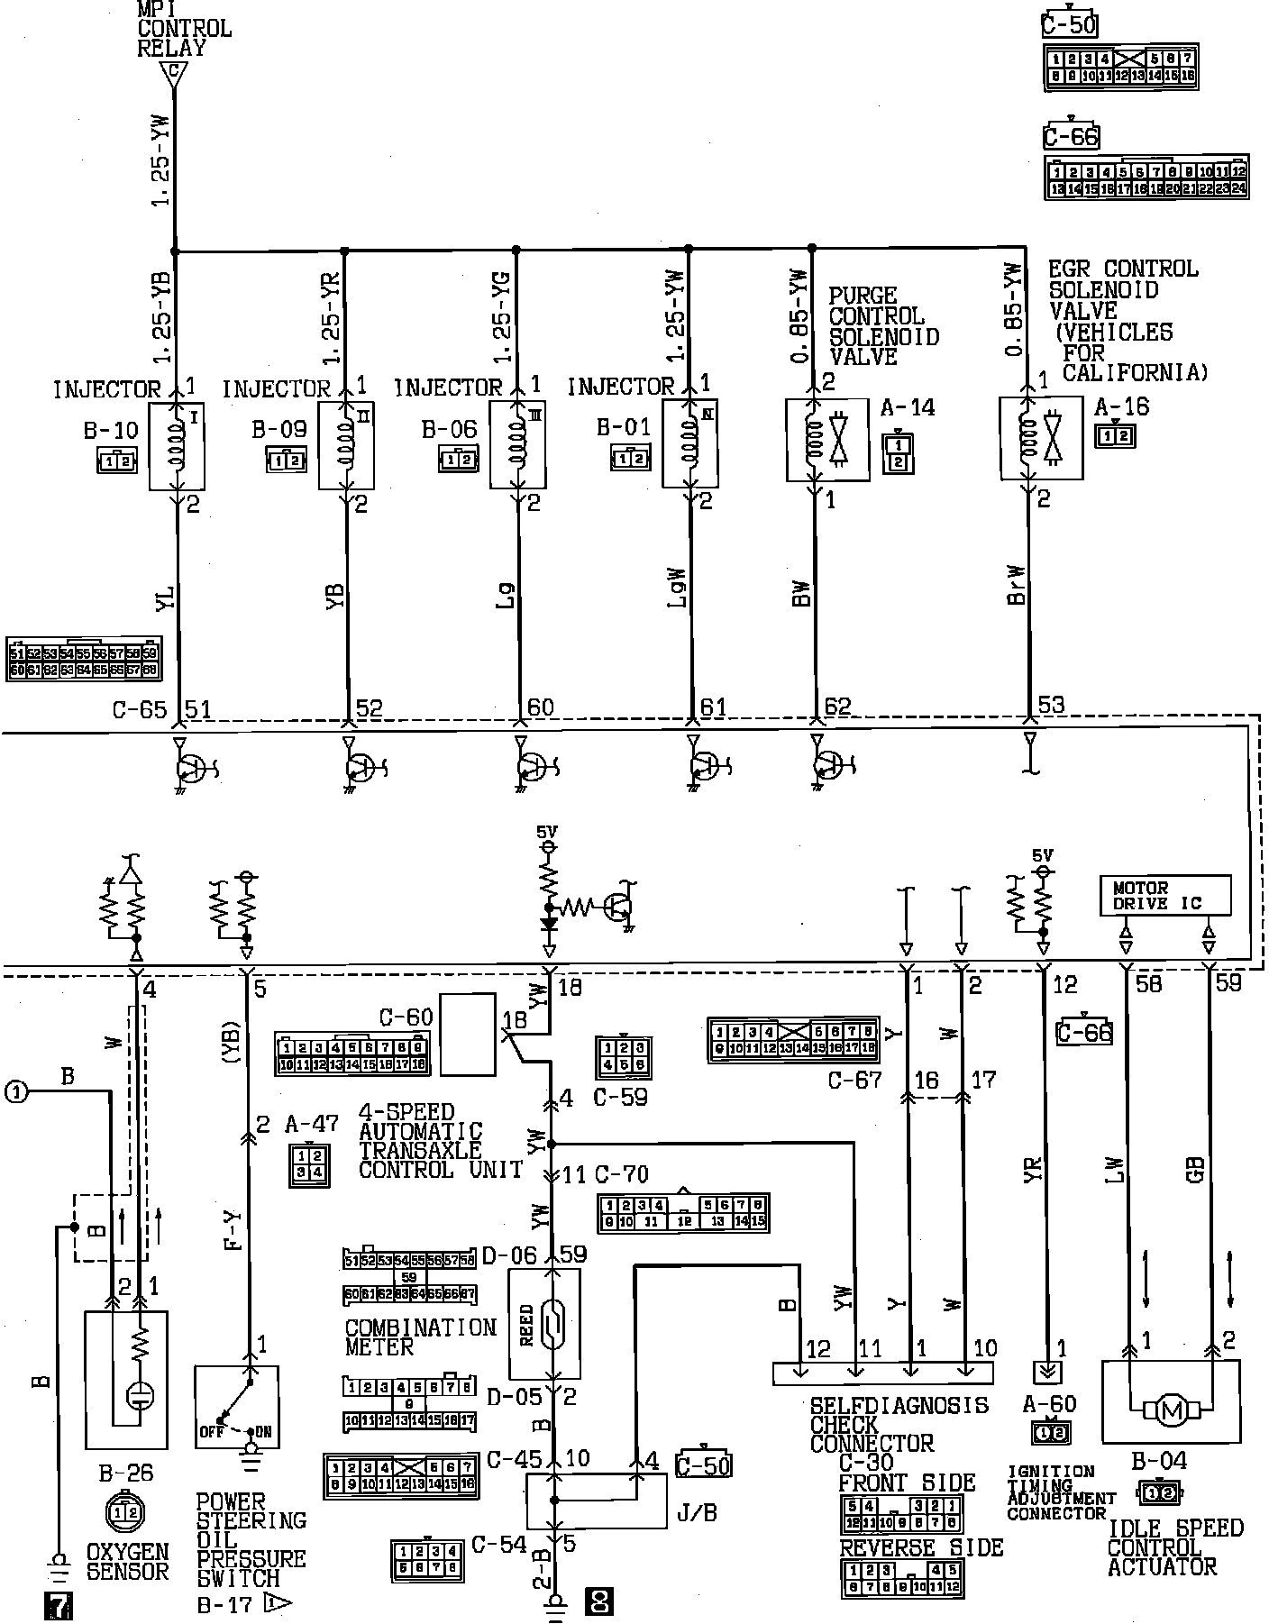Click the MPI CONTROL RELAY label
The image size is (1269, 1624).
click(184, 29)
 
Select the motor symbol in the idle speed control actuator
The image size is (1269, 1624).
click(1172, 1410)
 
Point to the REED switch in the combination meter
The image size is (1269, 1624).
click(544, 1323)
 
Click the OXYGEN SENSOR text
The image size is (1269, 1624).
click(127, 1561)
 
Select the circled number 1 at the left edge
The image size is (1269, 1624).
click(15, 1091)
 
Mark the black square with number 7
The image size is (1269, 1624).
click(57, 1605)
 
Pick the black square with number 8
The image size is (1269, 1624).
click(599, 1601)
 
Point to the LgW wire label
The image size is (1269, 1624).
click(679, 588)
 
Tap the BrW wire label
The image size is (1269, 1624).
click(1017, 584)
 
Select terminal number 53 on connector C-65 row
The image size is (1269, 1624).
click(1052, 704)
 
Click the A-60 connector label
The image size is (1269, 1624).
click(1049, 1403)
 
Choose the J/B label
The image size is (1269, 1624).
click(697, 1512)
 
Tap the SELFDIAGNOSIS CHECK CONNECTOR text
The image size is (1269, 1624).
click(899, 1424)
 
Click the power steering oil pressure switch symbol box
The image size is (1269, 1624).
click(236, 1407)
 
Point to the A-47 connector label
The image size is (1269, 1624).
click(311, 1124)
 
